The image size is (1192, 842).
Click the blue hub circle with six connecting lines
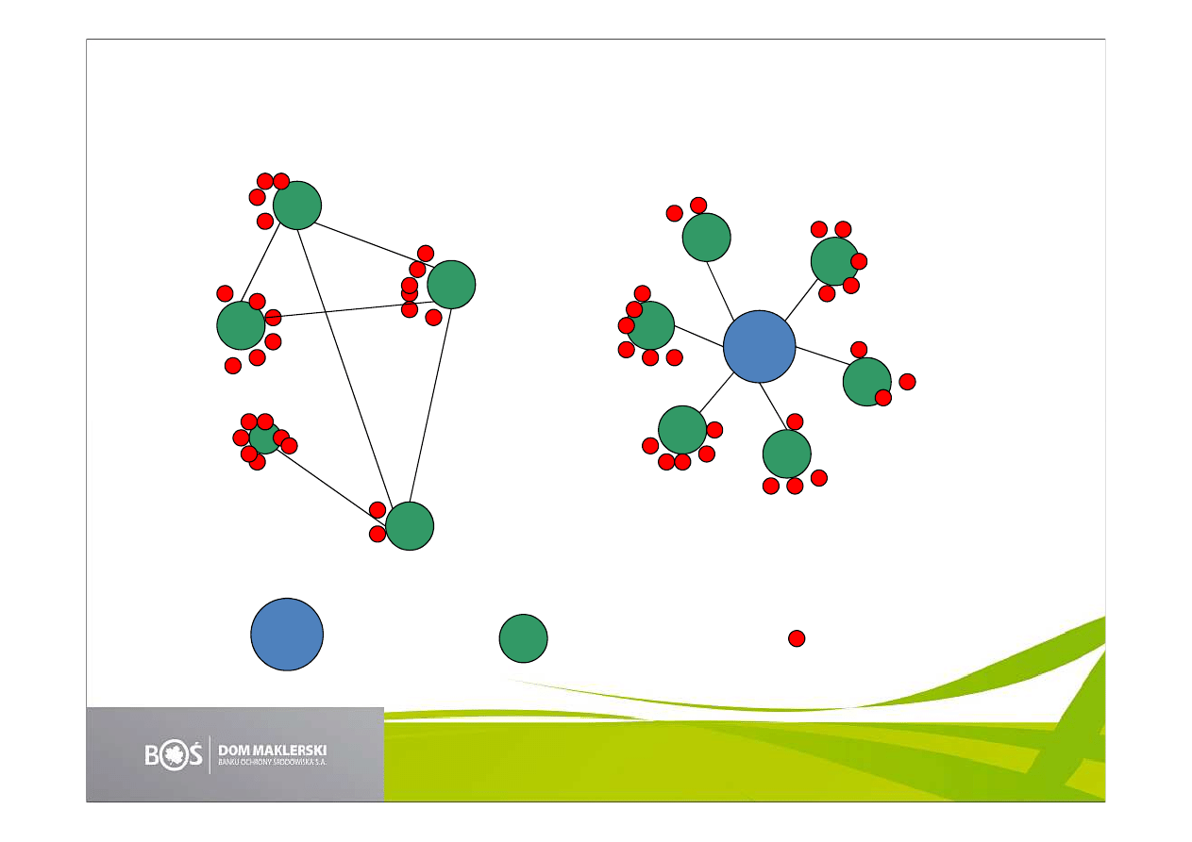click(x=760, y=347)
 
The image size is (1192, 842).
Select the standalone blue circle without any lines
click(x=287, y=635)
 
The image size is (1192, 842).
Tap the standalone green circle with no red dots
click(x=523, y=638)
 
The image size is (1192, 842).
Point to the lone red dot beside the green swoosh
click(x=797, y=638)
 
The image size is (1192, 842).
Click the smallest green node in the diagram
click(x=264, y=438)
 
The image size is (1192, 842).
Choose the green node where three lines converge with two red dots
click(x=410, y=526)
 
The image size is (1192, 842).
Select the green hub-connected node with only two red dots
click(x=706, y=238)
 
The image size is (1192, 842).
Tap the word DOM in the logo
click(x=233, y=751)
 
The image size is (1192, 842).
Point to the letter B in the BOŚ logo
click(x=152, y=755)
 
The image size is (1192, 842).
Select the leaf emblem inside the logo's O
click(x=174, y=755)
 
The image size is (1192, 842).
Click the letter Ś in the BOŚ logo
click(x=194, y=752)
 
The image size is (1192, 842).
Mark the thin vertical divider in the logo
click(x=210, y=755)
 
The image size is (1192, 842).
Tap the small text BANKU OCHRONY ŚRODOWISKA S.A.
click(x=273, y=762)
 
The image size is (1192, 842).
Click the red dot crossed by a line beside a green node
click(x=273, y=318)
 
